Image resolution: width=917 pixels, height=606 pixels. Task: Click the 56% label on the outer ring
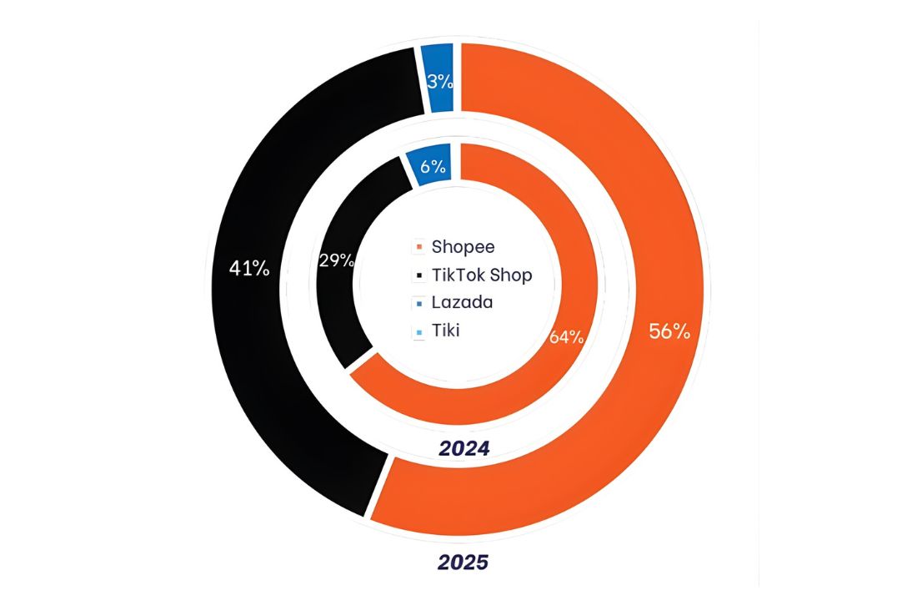pos(669,331)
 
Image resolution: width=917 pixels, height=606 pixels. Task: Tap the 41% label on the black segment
pos(249,269)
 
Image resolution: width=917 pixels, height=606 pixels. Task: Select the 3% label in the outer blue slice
pos(439,82)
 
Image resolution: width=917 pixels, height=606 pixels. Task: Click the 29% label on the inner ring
pos(336,260)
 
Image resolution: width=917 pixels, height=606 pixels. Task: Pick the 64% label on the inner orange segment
pos(566,337)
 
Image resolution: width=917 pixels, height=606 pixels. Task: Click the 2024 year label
pos(464,448)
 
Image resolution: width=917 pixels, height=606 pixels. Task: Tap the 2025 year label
pos(463,563)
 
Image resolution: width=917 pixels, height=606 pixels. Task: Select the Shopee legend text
pos(463,247)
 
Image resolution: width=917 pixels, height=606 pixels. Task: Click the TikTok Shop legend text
pos(481,275)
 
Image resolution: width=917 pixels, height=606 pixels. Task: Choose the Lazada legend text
pos(462,302)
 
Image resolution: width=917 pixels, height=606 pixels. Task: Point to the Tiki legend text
pos(446,331)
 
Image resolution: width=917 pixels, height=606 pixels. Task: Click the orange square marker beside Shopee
pos(418,248)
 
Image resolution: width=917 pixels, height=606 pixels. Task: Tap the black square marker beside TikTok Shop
pos(418,275)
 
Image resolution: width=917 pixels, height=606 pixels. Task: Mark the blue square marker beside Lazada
pos(418,303)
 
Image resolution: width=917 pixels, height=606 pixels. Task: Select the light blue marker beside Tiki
pos(418,331)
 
